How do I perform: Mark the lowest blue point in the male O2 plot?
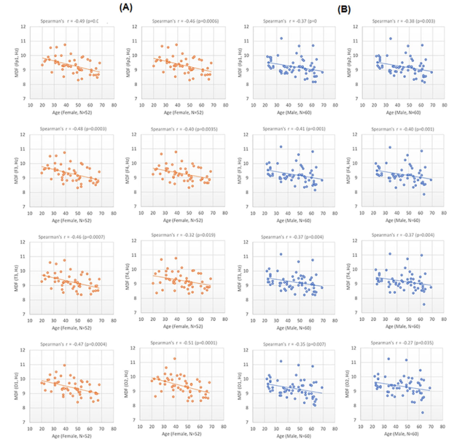(423, 412)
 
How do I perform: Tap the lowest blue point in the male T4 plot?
(424, 304)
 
